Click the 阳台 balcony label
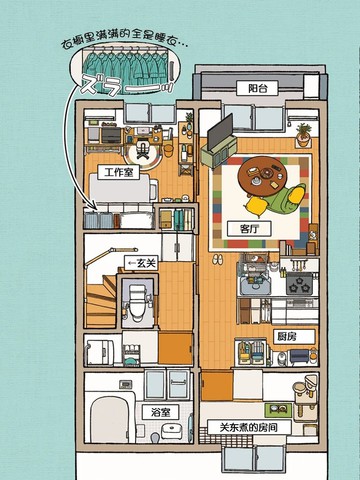(x=257, y=88)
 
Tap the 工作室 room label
(x=119, y=172)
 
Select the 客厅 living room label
(x=249, y=229)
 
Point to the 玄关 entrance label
(x=141, y=264)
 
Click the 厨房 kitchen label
(x=294, y=337)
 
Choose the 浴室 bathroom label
(x=160, y=412)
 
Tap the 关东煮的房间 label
(x=249, y=427)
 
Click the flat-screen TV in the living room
(x=220, y=132)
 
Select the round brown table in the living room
(x=262, y=176)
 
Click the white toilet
(x=138, y=302)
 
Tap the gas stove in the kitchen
(x=299, y=284)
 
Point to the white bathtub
(x=110, y=419)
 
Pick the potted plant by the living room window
(x=303, y=134)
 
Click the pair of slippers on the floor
(x=218, y=260)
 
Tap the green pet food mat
(x=278, y=409)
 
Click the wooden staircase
(x=101, y=300)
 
